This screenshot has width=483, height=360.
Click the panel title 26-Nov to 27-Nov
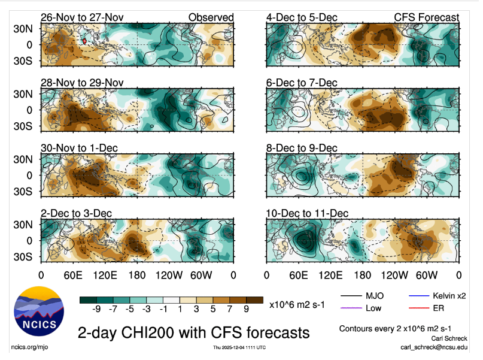point(82,17)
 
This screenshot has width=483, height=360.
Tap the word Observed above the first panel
point(211,17)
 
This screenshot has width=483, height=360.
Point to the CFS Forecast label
point(426,17)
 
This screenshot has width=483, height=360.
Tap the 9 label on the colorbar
point(245,310)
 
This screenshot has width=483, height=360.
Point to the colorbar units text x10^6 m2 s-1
point(297,305)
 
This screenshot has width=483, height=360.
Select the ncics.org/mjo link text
point(28,347)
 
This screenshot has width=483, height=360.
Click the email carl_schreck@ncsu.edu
point(435,347)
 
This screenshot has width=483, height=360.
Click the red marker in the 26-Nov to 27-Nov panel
point(84,41)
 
